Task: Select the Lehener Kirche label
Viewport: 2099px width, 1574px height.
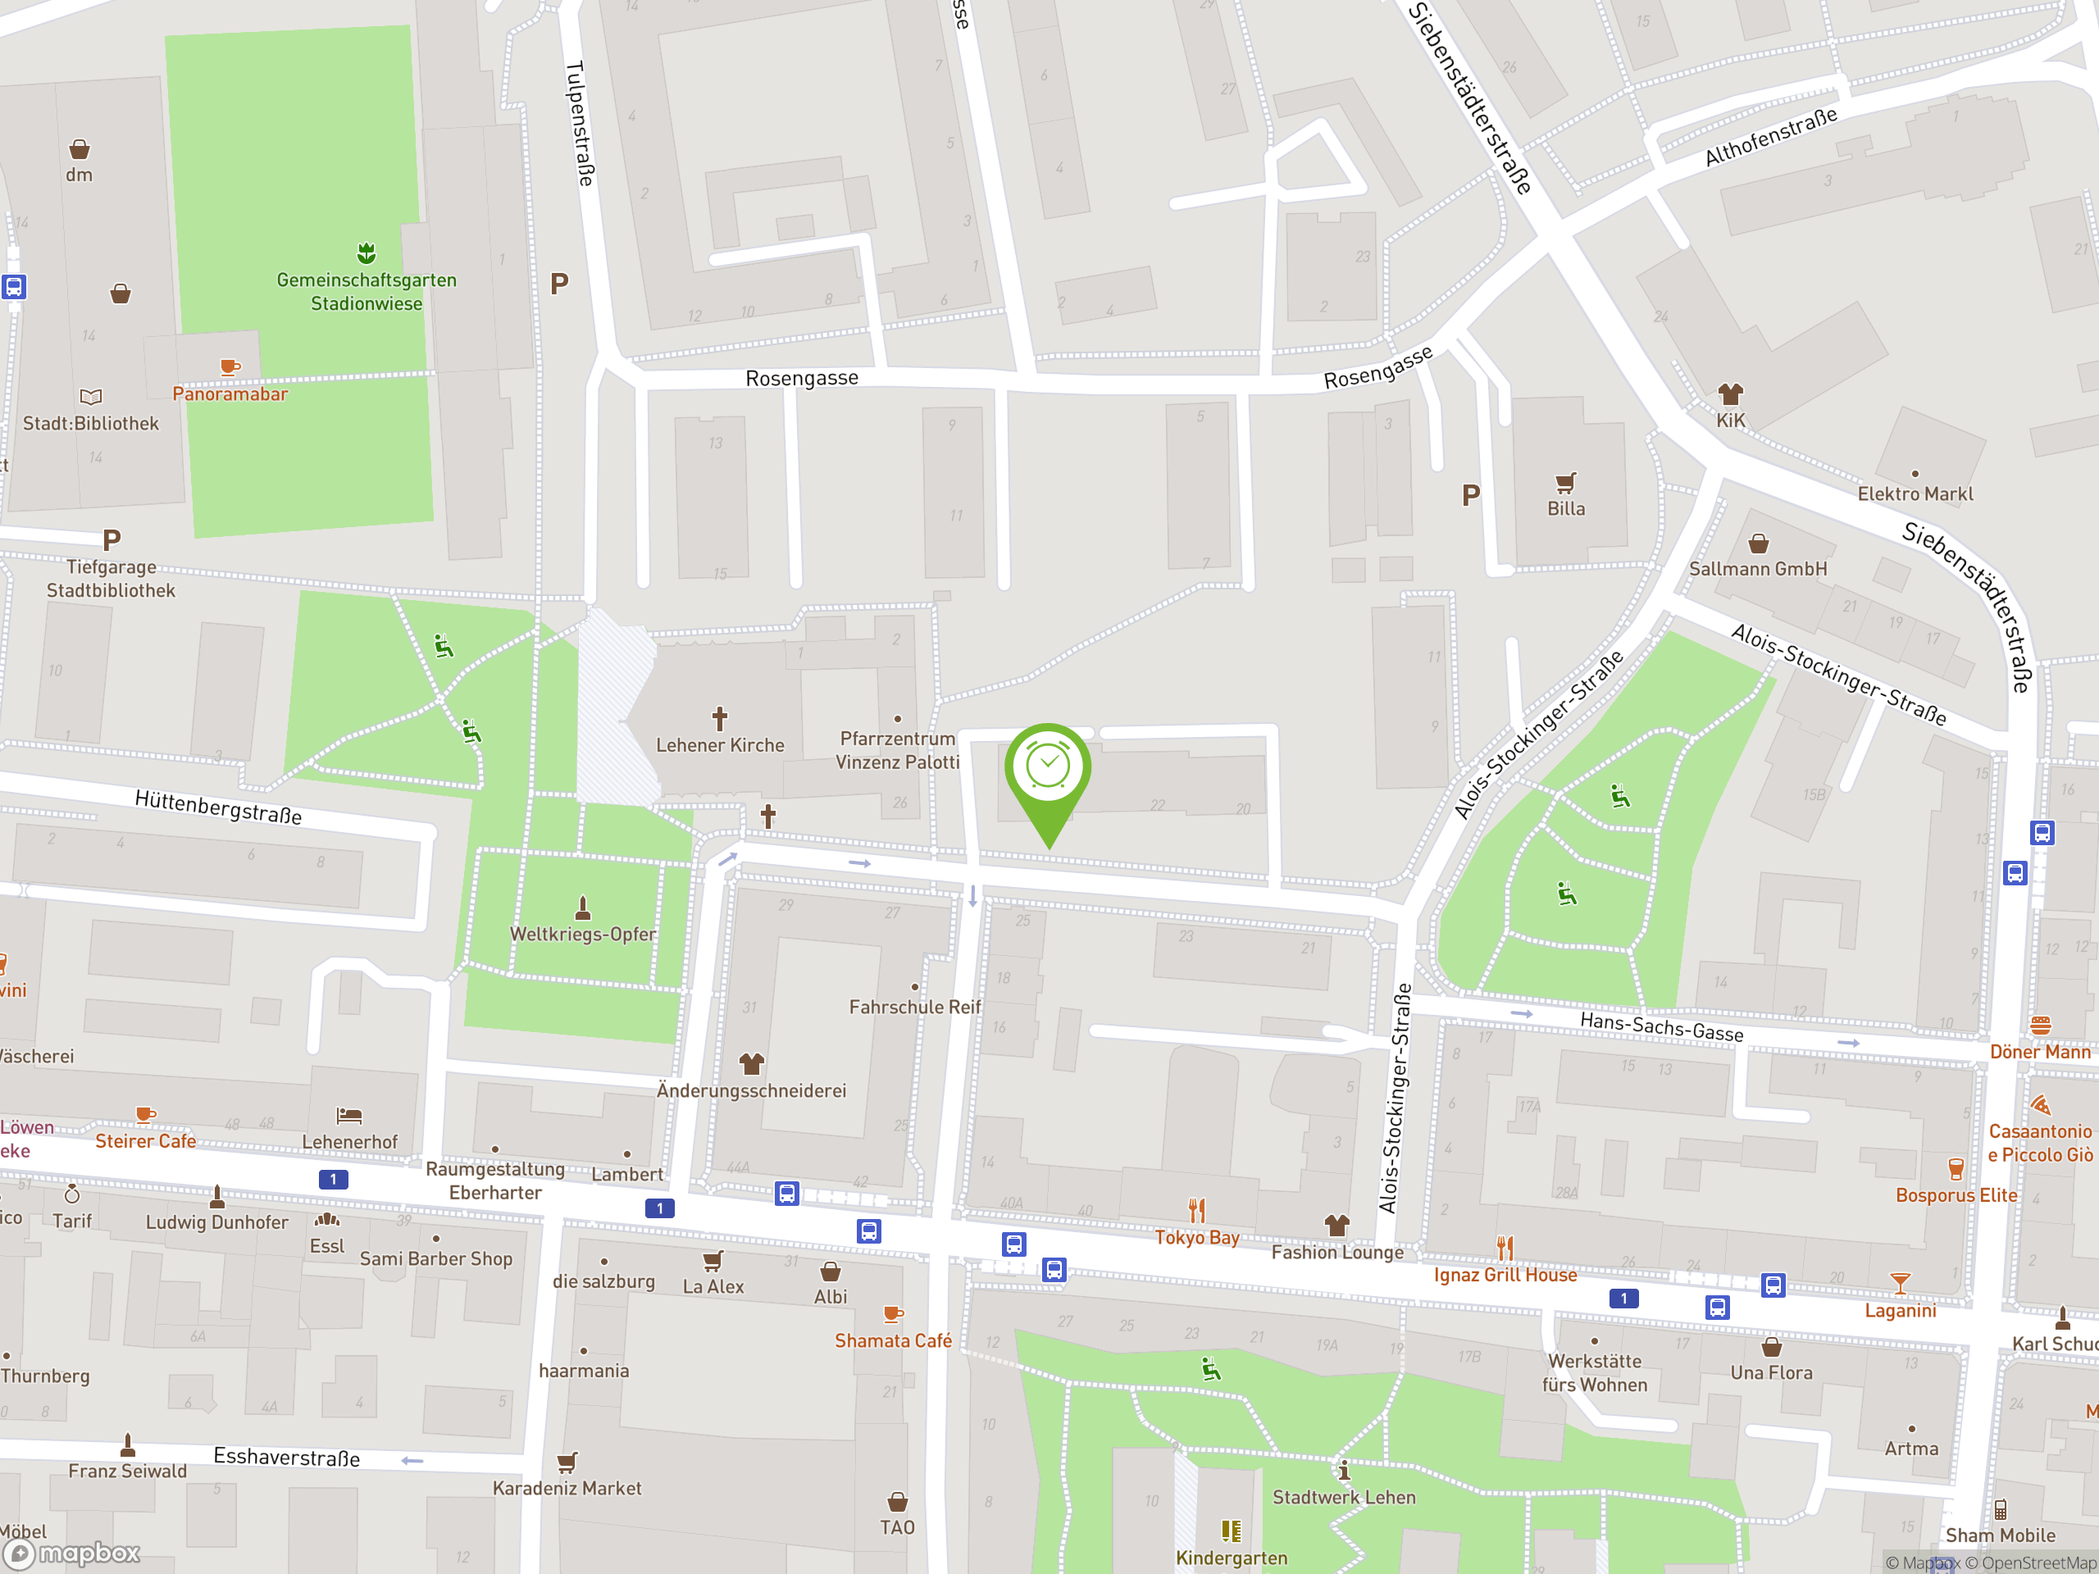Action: [x=720, y=746]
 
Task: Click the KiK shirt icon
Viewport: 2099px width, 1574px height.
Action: [x=1730, y=393]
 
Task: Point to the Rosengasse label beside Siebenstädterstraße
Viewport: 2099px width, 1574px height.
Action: [x=1377, y=367]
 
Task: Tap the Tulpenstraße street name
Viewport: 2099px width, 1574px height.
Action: [x=580, y=123]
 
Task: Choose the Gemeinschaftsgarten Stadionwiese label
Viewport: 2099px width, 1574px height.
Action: [x=367, y=291]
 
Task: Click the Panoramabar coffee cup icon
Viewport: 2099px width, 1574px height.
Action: [x=229, y=367]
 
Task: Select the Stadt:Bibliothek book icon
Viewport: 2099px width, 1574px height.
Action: [x=91, y=397]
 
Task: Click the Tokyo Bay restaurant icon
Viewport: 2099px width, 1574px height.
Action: [x=1196, y=1211]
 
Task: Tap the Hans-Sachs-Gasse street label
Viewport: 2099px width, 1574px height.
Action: [x=1661, y=1026]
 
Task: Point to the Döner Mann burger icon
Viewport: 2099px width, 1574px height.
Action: [x=2040, y=1026]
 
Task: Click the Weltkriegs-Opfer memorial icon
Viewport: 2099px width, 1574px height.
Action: [x=583, y=909]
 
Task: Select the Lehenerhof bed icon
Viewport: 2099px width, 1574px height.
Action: [x=349, y=1116]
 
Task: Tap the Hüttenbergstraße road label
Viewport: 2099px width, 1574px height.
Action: [x=218, y=807]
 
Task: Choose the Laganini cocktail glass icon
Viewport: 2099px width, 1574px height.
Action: [x=1899, y=1284]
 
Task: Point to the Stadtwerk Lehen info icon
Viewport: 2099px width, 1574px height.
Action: [x=1344, y=1471]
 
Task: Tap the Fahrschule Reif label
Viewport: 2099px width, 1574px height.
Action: [x=915, y=1007]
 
